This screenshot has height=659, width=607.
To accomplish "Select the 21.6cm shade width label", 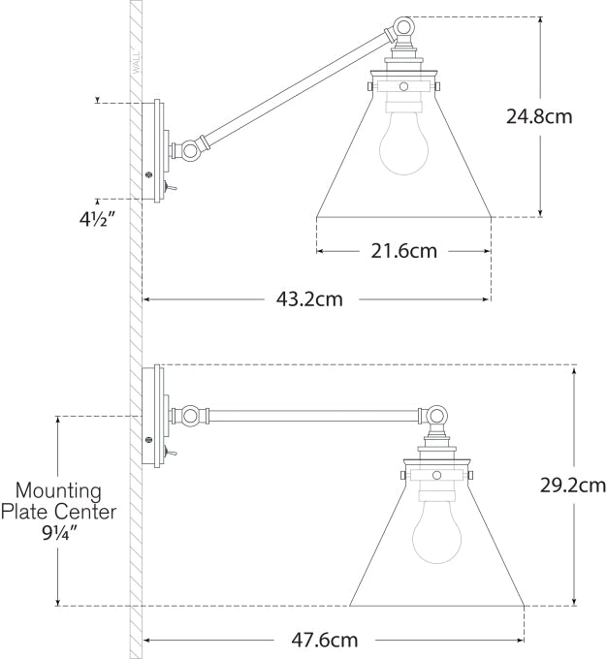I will click(403, 252).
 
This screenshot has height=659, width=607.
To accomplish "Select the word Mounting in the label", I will click(56, 490).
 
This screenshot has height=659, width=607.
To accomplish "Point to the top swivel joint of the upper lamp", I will click(401, 29).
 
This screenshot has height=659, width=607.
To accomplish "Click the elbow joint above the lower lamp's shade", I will click(435, 417).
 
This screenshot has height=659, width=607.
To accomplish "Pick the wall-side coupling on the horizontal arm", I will click(190, 416).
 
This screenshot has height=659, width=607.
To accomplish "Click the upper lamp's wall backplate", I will click(153, 150).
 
